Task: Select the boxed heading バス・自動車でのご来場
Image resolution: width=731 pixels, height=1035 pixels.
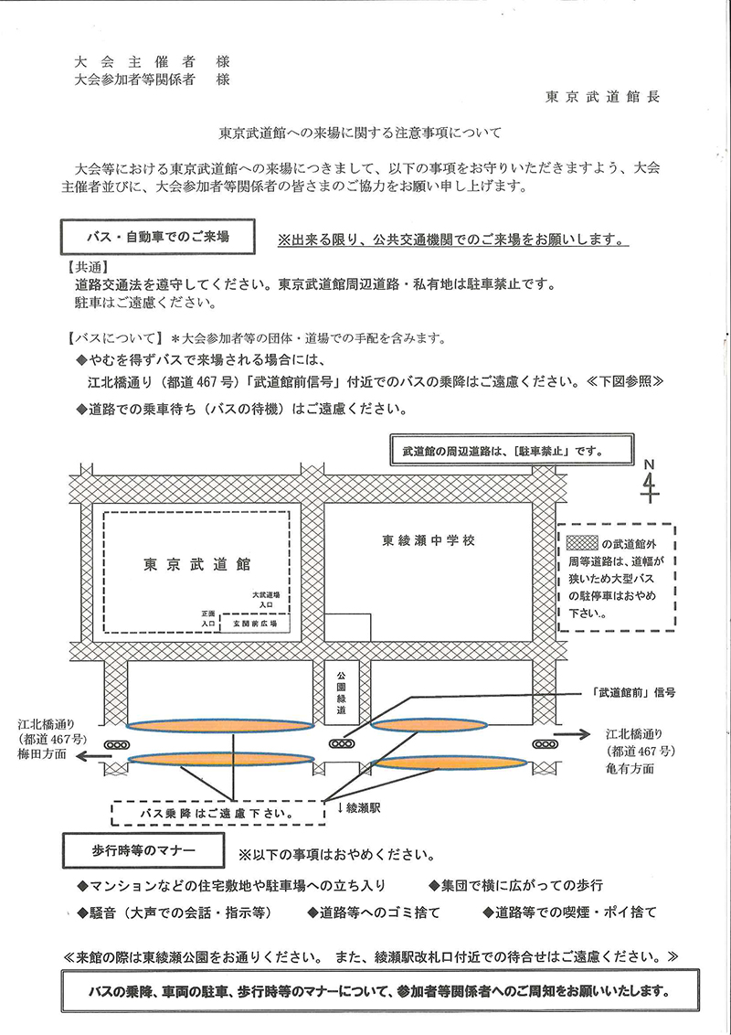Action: click(x=157, y=236)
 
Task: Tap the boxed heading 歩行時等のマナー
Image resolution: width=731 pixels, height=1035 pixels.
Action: click(x=141, y=850)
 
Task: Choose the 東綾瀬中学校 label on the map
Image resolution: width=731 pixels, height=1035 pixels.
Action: click(x=429, y=541)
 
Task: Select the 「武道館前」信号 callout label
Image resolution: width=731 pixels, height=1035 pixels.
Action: click(x=639, y=691)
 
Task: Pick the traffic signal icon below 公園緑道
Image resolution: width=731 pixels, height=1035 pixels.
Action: click(x=343, y=743)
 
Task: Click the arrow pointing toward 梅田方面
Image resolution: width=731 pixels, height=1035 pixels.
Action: click(x=92, y=757)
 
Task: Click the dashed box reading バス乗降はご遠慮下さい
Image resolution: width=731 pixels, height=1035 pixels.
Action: click(x=217, y=812)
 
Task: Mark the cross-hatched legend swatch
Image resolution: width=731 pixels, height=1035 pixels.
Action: click(x=581, y=542)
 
